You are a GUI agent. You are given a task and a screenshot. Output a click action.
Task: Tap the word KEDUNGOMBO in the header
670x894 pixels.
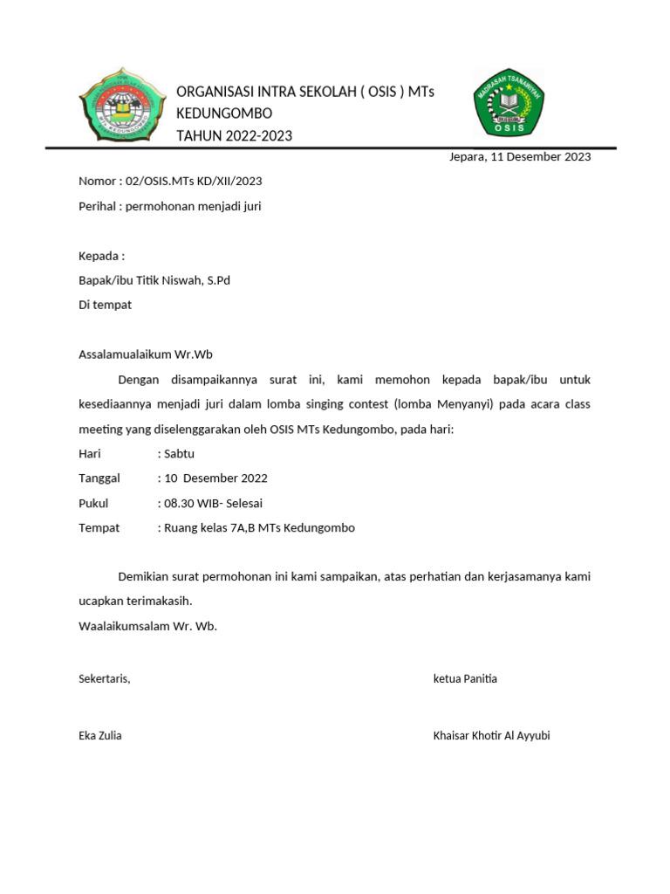click(x=224, y=114)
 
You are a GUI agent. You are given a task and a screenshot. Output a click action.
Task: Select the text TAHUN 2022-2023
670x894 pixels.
click(x=234, y=135)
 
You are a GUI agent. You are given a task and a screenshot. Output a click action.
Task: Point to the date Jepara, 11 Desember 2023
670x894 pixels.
click(x=519, y=157)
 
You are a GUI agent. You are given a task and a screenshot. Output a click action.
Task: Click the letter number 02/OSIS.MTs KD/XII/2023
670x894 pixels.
click(x=194, y=182)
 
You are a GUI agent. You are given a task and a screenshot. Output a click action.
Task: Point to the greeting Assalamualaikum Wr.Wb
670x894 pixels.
click(x=146, y=354)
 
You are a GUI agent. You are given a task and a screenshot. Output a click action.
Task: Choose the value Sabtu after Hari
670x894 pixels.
click(x=178, y=454)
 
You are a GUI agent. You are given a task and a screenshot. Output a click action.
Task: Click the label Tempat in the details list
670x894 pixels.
click(x=99, y=528)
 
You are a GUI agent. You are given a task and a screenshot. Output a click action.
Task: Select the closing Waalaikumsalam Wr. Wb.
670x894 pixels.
click(x=147, y=626)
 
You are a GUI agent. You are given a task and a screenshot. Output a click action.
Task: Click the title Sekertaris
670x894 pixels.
click(x=105, y=679)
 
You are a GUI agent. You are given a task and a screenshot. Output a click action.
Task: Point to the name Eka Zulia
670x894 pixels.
click(x=100, y=735)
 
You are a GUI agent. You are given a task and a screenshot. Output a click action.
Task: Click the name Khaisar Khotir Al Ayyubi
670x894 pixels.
click(x=491, y=735)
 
